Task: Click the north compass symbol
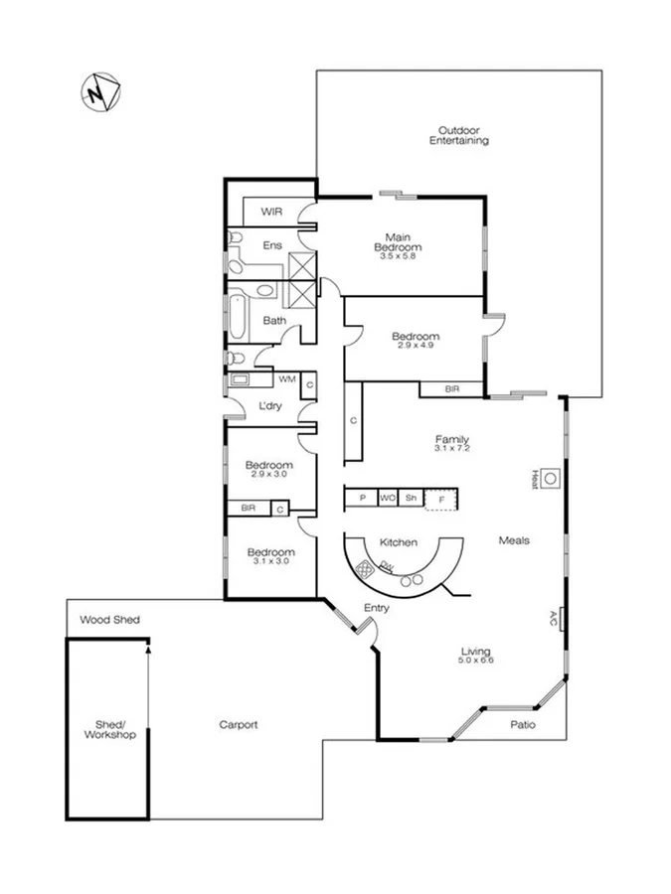pyautogui.click(x=99, y=93)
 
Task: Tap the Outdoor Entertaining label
pyautogui.click(x=459, y=136)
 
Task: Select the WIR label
pyautogui.click(x=272, y=212)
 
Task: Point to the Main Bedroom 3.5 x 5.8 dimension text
pyautogui.click(x=398, y=257)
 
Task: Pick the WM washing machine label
pyautogui.click(x=286, y=378)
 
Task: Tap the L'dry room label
pyautogui.click(x=269, y=405)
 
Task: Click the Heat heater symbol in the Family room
pyautogui.click(x=550, y=478)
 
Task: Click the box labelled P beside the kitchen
pyautogui.click(x=361, y=499)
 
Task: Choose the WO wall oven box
pyautogui.click(x=386, y=499)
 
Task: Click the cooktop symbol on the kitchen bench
pyautogui.click(x=365, y=570)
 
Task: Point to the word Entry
pyautogui.click(x=377, y=608)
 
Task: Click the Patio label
pyautogui.click(x=523, y=724)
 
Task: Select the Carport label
pyautogui.click(x=239, y=725)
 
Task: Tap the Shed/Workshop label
pyautogui.click(x=108, y=730)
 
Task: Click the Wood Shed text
pyautogui.click(x=110, y=620)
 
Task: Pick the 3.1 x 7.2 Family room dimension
pyautogui.click(x=451, y=449)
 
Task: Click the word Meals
pyautogui.click(x=513, y=540)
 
